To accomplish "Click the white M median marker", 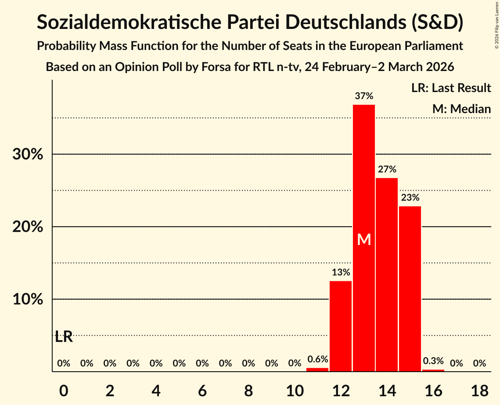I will coord(364,239).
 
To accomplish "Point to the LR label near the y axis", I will coord(64,337).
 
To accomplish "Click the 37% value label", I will coord(364,96).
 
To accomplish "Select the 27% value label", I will coord(387,169).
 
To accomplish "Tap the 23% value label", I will coord(410,198).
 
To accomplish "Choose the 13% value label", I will coord(341,272).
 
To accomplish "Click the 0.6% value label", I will coord(317,359).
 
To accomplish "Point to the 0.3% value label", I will coord(433,361).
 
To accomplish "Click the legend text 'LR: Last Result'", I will coord(451,88).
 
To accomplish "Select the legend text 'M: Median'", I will coord(461,109).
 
